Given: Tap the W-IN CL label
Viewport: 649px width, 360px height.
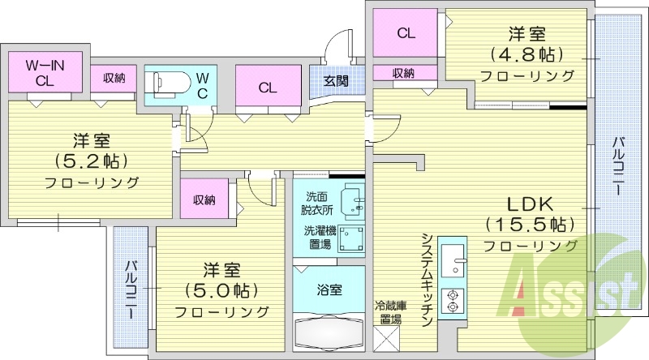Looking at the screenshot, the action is pyautogui.click(x=45, y=72).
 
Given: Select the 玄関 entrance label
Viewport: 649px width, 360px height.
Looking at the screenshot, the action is pyautogui.click(x=336, y=81).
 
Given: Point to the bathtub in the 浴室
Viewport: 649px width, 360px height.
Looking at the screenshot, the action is pyautogui.click(x=329, y=333).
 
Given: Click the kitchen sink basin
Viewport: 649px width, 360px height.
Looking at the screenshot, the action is pyautogui.click(x=453, y=260).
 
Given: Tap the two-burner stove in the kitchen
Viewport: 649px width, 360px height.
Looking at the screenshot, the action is pyautogui.click(x=453, y=301).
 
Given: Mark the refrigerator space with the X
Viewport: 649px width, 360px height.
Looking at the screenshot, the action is pyautogui.click(x=387, y=339).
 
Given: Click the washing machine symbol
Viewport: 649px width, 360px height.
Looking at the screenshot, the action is pyautogui.click(x=351, y=238).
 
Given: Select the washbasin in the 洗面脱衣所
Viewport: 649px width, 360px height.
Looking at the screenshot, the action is pyautogui.click(x=352, y=202).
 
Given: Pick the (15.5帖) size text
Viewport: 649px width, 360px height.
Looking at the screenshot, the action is pyautogui.click(x=531, y=225).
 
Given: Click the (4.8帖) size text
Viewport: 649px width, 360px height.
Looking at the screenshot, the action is pyautogui.click(x=527, y=54).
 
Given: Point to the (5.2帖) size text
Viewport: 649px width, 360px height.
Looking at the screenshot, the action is pyautogui.click(x=92, y=161).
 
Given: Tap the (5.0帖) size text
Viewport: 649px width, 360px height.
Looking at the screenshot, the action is pyautogui.click(x=221, y=290).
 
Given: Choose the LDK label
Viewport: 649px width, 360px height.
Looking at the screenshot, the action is pyautogui.click(x=531, y=204).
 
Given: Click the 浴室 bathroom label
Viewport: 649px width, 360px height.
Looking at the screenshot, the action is pyautogui.click(x=329, y=290).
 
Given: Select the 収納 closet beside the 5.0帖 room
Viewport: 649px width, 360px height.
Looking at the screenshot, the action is pyautogui.click(x=204, y=199).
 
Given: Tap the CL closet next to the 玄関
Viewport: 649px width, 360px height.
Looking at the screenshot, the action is pyautogui.click(x=268, y=87).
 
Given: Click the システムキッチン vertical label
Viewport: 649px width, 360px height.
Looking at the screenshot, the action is pyautogui.click(x=428, y=280).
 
